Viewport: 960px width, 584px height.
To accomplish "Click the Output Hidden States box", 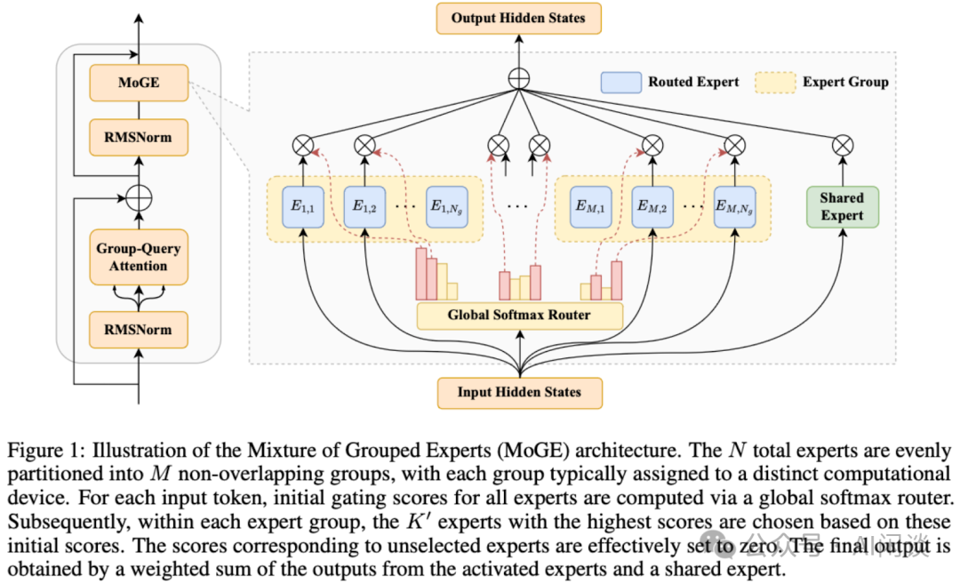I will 518,18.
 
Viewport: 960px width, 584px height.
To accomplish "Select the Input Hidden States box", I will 518,392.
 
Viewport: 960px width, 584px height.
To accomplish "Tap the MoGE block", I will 139,83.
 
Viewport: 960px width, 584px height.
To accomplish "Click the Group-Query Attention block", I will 139,257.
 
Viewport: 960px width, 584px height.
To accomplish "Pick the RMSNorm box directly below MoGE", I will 139,137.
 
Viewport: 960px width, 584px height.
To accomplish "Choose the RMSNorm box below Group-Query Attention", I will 139,330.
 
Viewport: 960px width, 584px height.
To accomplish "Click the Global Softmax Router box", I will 519,316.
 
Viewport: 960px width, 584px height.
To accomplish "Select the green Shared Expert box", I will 842,207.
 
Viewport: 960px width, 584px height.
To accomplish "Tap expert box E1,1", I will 304,207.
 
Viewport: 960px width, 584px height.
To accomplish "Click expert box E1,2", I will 364,207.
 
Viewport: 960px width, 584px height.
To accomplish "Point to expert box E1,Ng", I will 447,207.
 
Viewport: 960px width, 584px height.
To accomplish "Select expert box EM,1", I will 592,207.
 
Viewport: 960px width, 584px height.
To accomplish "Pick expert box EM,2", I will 652,207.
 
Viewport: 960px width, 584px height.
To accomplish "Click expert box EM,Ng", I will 734,207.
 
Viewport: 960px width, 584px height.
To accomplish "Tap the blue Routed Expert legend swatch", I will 620,82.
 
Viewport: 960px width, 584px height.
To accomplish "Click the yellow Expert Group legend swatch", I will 775,82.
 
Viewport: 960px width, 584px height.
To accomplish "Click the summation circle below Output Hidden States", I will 518,77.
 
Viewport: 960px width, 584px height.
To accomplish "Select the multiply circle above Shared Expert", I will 842,145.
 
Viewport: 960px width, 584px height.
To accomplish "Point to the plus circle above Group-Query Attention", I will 139,196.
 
